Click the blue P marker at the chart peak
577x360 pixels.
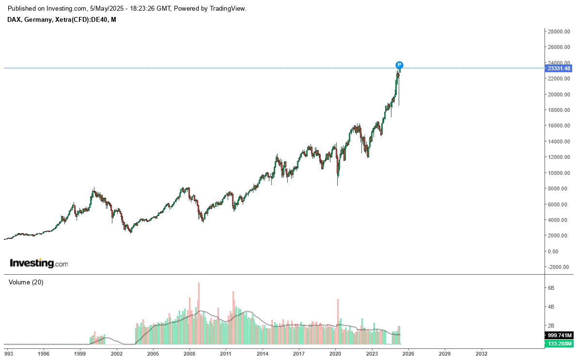pyautogui.click(x=399, y=65)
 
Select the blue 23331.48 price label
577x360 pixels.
pyautogui.click(x=559, y=68)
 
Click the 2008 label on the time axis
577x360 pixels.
pyautogui.click(x=189, y=354)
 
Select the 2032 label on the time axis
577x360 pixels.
pyautogui.click(x=482, y=354)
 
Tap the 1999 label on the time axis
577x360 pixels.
pyautogui.click(x=80, y=354)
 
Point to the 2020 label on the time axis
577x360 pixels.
pyautogui.click(x=336, y=354)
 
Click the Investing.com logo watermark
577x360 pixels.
pyautogui.click(x=39, y=264)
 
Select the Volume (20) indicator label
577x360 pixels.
pyautogui.click(x=26, y=282)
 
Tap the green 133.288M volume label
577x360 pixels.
pyautogui.click(x=559, y=344)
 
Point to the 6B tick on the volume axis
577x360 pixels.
pyautogui.click(x=551, y=288)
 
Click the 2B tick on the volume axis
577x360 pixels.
pyautogui.click(x=551, y=326)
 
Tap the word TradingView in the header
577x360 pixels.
pyautogui.click(x=227, y=9)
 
